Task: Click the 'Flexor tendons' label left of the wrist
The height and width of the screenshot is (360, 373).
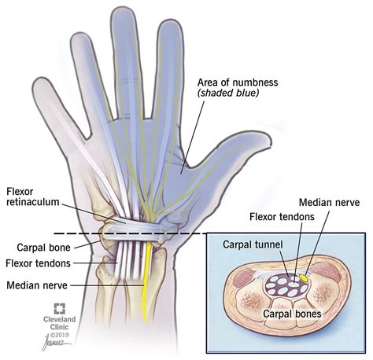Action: (x=39, y=263)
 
